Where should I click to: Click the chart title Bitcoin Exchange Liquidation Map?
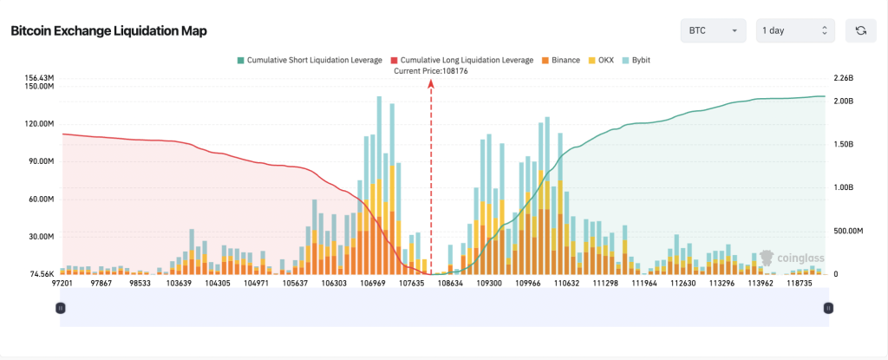click(x=108, y=31)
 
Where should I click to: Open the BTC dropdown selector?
click(x=713, y=31)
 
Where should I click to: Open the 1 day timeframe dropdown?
click(x=795, y=31)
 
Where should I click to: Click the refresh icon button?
click(x=860, y=31)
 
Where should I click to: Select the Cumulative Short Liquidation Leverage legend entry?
click(x=309, y=60)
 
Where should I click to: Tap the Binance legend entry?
click(x=562, y=60)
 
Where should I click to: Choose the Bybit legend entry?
click(x=637, y=60)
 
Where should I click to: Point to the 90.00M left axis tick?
click(x=42, y=161)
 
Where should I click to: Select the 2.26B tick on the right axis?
click(x=844, y=78)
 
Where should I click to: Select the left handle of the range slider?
click(x=61, y=307)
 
